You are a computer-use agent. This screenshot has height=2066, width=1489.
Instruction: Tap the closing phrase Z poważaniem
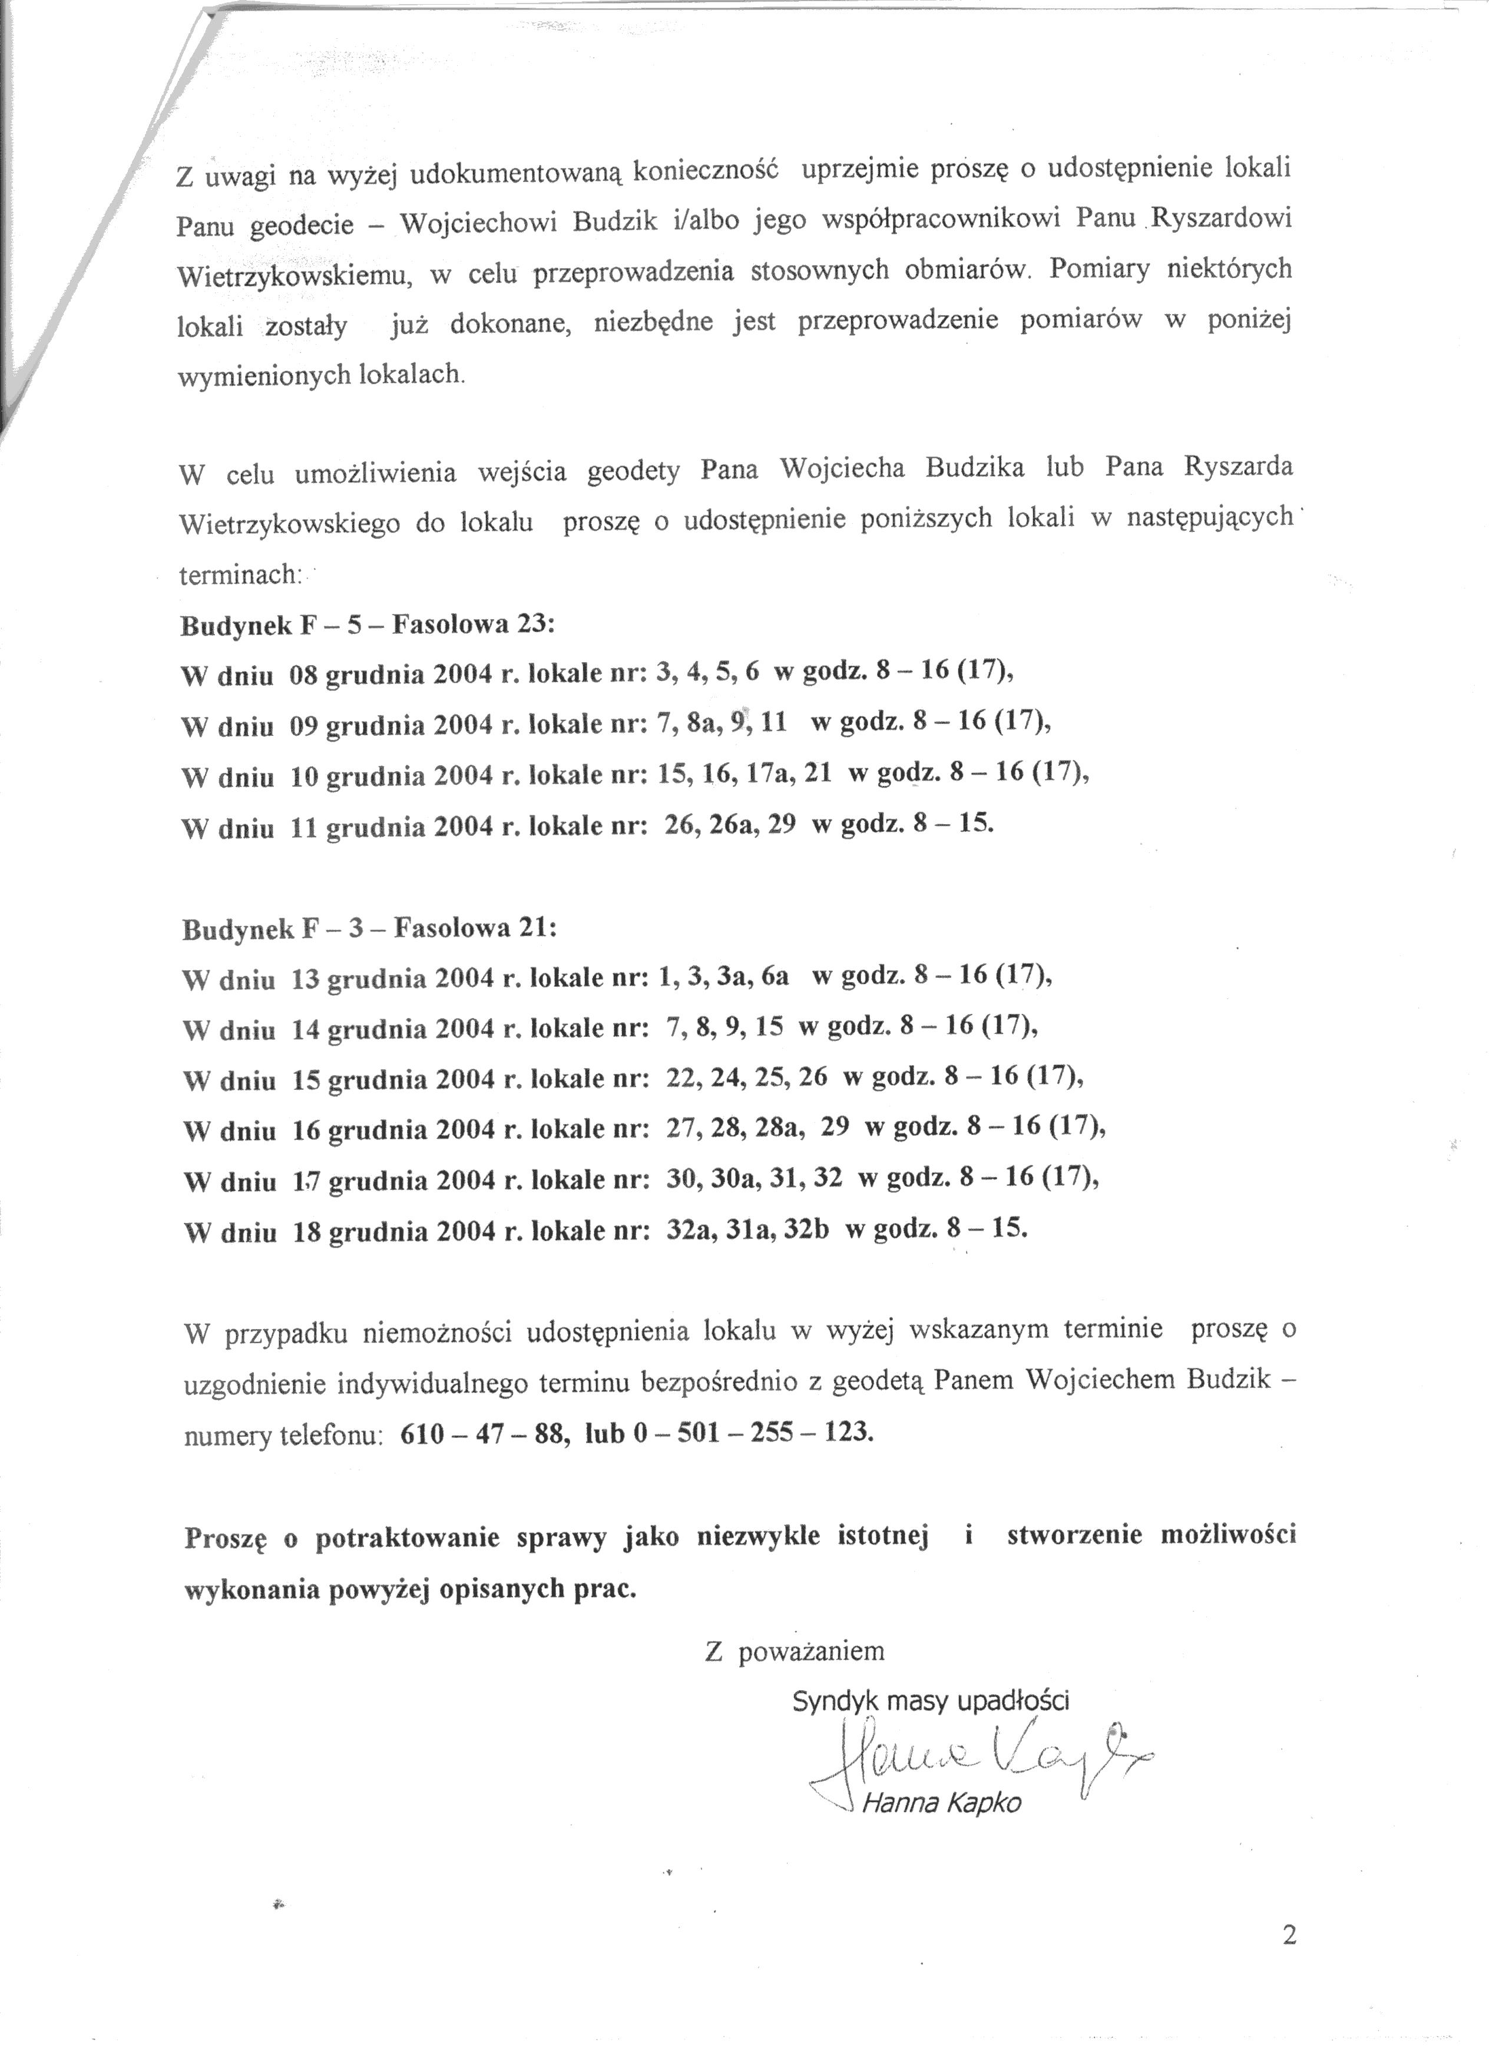pyautogui.click(x=794, y=1651)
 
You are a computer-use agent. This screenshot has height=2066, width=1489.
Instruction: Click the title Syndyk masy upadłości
pyautogui.click(x=931, y=1701)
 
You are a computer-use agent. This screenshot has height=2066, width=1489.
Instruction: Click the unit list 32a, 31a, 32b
pyautogui.click(x=747, y=1231)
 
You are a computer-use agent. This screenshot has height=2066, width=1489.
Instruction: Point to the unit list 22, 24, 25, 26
pyautogui.click(x=747, y=1077)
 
